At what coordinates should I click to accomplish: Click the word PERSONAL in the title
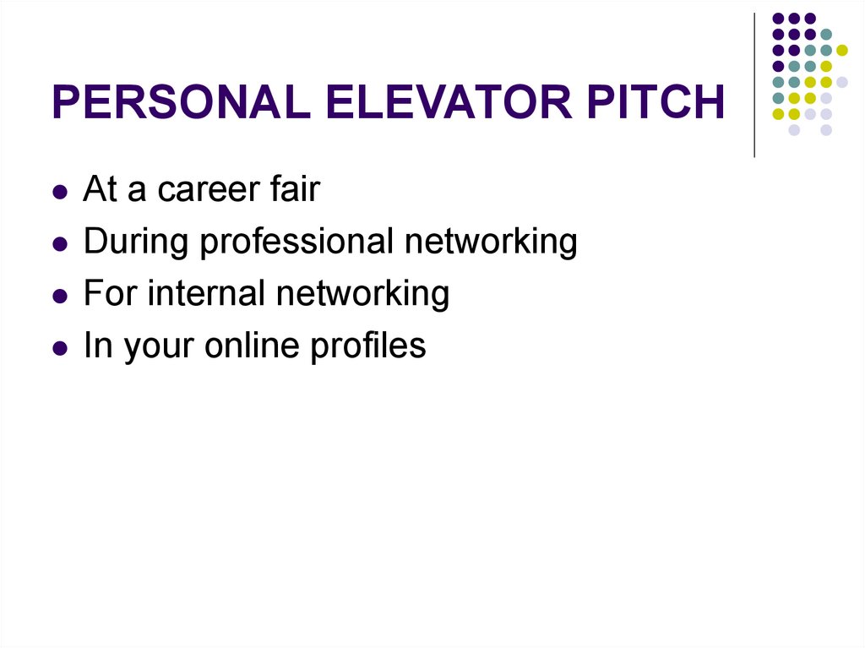(x=181, y=103)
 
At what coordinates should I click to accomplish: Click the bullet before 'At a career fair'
(x=59, y=193)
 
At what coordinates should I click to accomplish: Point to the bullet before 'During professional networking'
(x=59, y=245)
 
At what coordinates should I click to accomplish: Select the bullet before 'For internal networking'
(x=59, y=297)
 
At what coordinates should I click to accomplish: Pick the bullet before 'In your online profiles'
(x=59, y=348)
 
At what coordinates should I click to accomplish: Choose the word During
(x=137, y=242)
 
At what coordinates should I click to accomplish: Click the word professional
(x=297, y=242)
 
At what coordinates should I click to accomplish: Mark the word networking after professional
(x=491, y=242)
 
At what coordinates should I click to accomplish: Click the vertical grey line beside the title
(x=753, y=84)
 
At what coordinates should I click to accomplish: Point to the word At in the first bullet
(x=100, y=190)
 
